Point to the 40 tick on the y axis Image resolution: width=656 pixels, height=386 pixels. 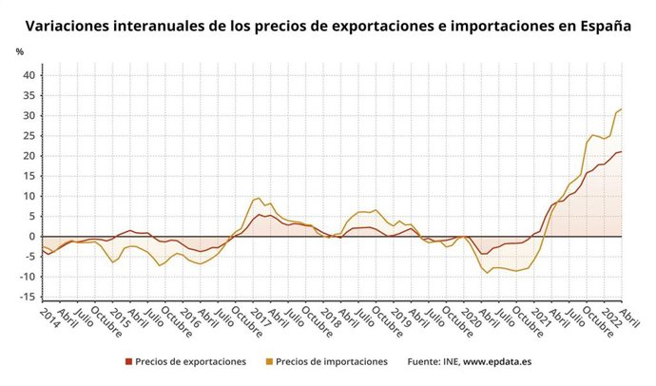pyautogui.click(x=29, y=75)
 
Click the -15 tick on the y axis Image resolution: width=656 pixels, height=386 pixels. pyautogui.click(x=27, y=298)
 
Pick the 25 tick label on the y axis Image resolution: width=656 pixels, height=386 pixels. pyautogui.click(x=29, y=136)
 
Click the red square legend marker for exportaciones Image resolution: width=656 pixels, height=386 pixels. pyautogui.click(x=127, y=362)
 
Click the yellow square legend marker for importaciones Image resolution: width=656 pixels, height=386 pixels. pyautogui.click(x=269, y=362)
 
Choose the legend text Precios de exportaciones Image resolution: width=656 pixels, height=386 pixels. pyautogui.click(x=190, y=362)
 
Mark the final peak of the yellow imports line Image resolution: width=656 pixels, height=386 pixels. pyautogui.click(x=621, y=109)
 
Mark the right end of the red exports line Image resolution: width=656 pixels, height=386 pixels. pyautogui.click(x=621, y=152)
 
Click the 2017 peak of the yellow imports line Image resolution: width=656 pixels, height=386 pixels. pyautogui.click(x=258, y=198)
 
